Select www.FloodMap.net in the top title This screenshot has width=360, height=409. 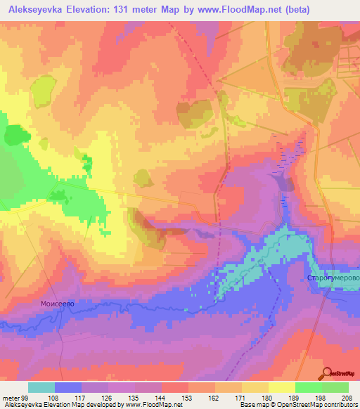tap(237, 9)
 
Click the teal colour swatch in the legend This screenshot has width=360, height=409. tap(41, 387)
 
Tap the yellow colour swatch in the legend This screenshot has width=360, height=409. tap(282, 387)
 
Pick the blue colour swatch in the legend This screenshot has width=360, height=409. tap(68, 387)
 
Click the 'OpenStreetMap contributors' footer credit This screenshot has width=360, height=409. tap(320, 405)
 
